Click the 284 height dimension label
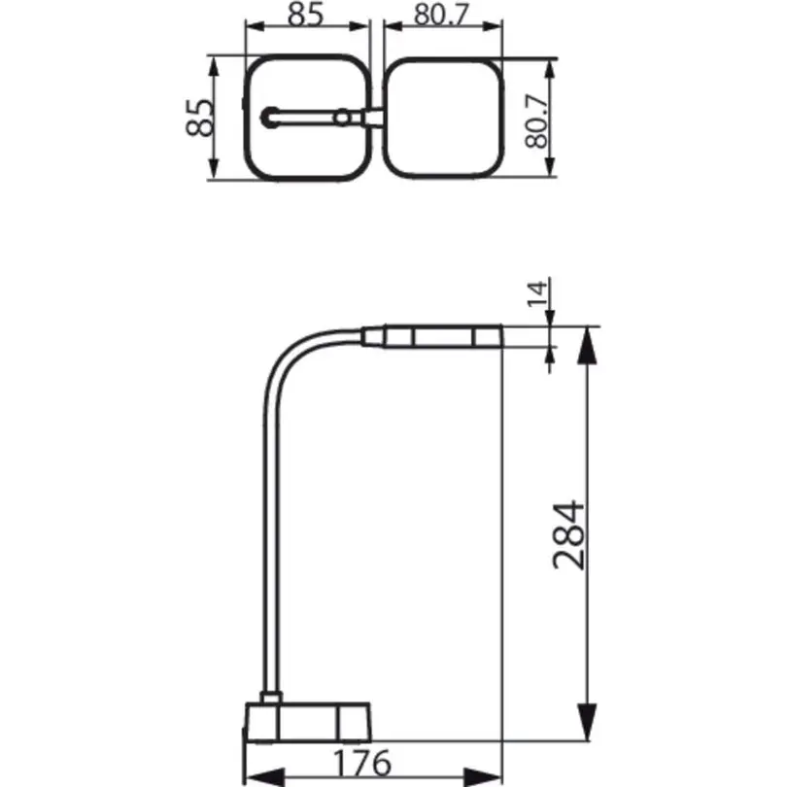pyautogui.click(x=569, y=535)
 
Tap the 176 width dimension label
pyautogui.click(x=361, y=763)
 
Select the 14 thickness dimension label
pyautogui.click(x=536, y=293)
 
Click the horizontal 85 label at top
pyautogui.click(x=305, y=15)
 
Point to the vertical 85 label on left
pyautogui.click(x=199, y=118)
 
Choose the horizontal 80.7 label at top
pyautogui.click(x=441, y=15)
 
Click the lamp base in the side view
pyautogui.click(x=308, y=722)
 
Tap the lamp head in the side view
pyautogui.click(x=431, y=336)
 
